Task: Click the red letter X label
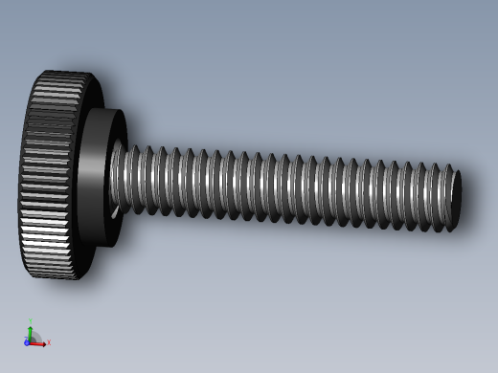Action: click(x=49, y=342)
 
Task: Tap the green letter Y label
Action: click(x=31, y=320)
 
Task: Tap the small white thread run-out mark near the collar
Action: click(x=115, y=212)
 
